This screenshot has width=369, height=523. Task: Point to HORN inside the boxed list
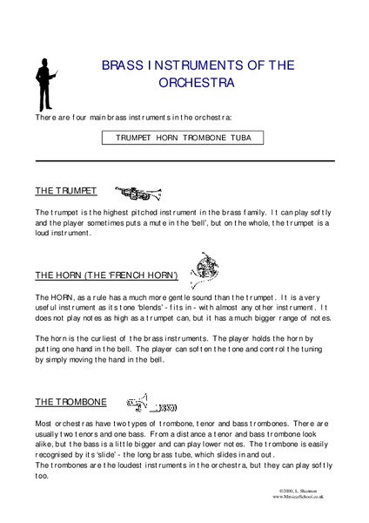click(x=168, y=138)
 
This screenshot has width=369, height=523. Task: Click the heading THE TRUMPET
click(x=65, y=190)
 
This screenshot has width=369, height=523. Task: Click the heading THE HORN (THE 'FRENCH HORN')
click(x=106, y=275)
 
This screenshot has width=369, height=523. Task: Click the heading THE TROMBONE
click(x=70, y=402)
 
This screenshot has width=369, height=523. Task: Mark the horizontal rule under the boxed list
click(x=184, y=160)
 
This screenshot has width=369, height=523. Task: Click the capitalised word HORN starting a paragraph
click(x=58, y=297)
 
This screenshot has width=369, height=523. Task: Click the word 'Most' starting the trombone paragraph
click(x=44, y=422)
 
